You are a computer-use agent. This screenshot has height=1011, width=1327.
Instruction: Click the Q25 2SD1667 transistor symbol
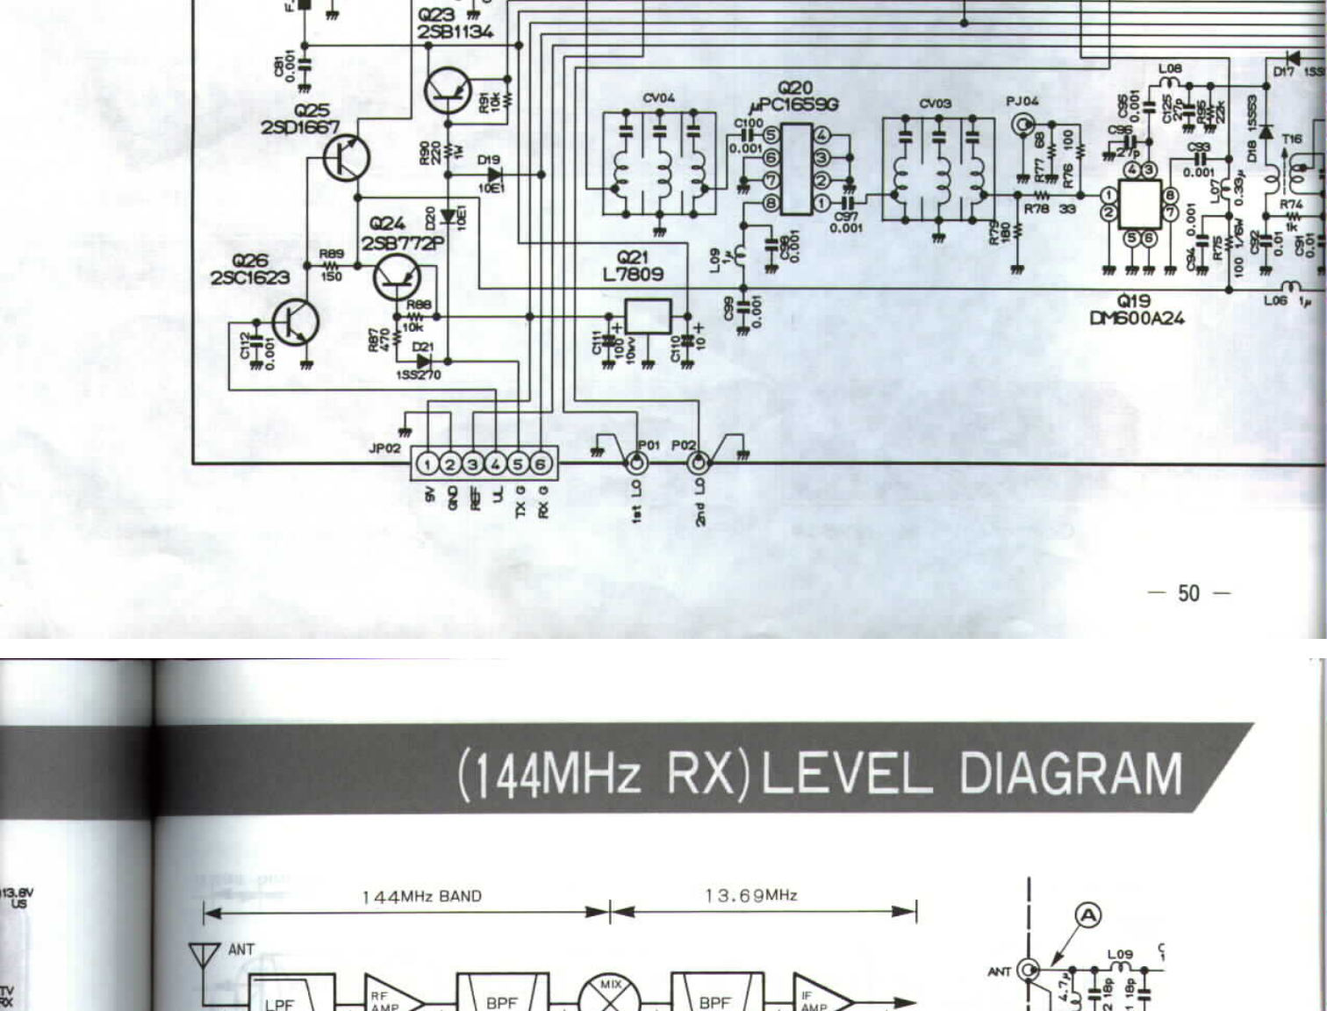point(346,158)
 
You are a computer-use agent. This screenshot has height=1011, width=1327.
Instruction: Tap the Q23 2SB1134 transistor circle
point(448,91)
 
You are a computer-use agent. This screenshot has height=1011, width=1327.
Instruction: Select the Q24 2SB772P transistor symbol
point(397,278)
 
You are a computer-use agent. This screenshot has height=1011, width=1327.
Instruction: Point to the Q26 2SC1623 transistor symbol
point(295,322)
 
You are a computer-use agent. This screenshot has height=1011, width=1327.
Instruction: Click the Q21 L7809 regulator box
point(648,316)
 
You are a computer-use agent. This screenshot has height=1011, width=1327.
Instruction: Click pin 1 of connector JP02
point(427,463)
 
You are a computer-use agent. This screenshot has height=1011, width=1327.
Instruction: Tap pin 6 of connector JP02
point(541,463)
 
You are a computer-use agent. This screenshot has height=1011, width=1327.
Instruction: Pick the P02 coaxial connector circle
point(699,462)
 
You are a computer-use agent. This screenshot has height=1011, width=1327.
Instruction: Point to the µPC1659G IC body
point(796,169)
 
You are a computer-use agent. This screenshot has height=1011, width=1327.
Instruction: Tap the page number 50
point(1188,593)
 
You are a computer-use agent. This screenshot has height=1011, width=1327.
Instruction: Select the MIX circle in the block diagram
point(609,997)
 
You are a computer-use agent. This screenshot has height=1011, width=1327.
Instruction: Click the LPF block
point(279,996)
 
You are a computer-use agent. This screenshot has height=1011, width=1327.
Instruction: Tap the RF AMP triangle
point(389,997)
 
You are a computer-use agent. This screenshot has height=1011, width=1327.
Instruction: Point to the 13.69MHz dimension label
point(751,895)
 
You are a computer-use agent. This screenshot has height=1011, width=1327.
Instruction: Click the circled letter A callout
point(1088,916)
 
